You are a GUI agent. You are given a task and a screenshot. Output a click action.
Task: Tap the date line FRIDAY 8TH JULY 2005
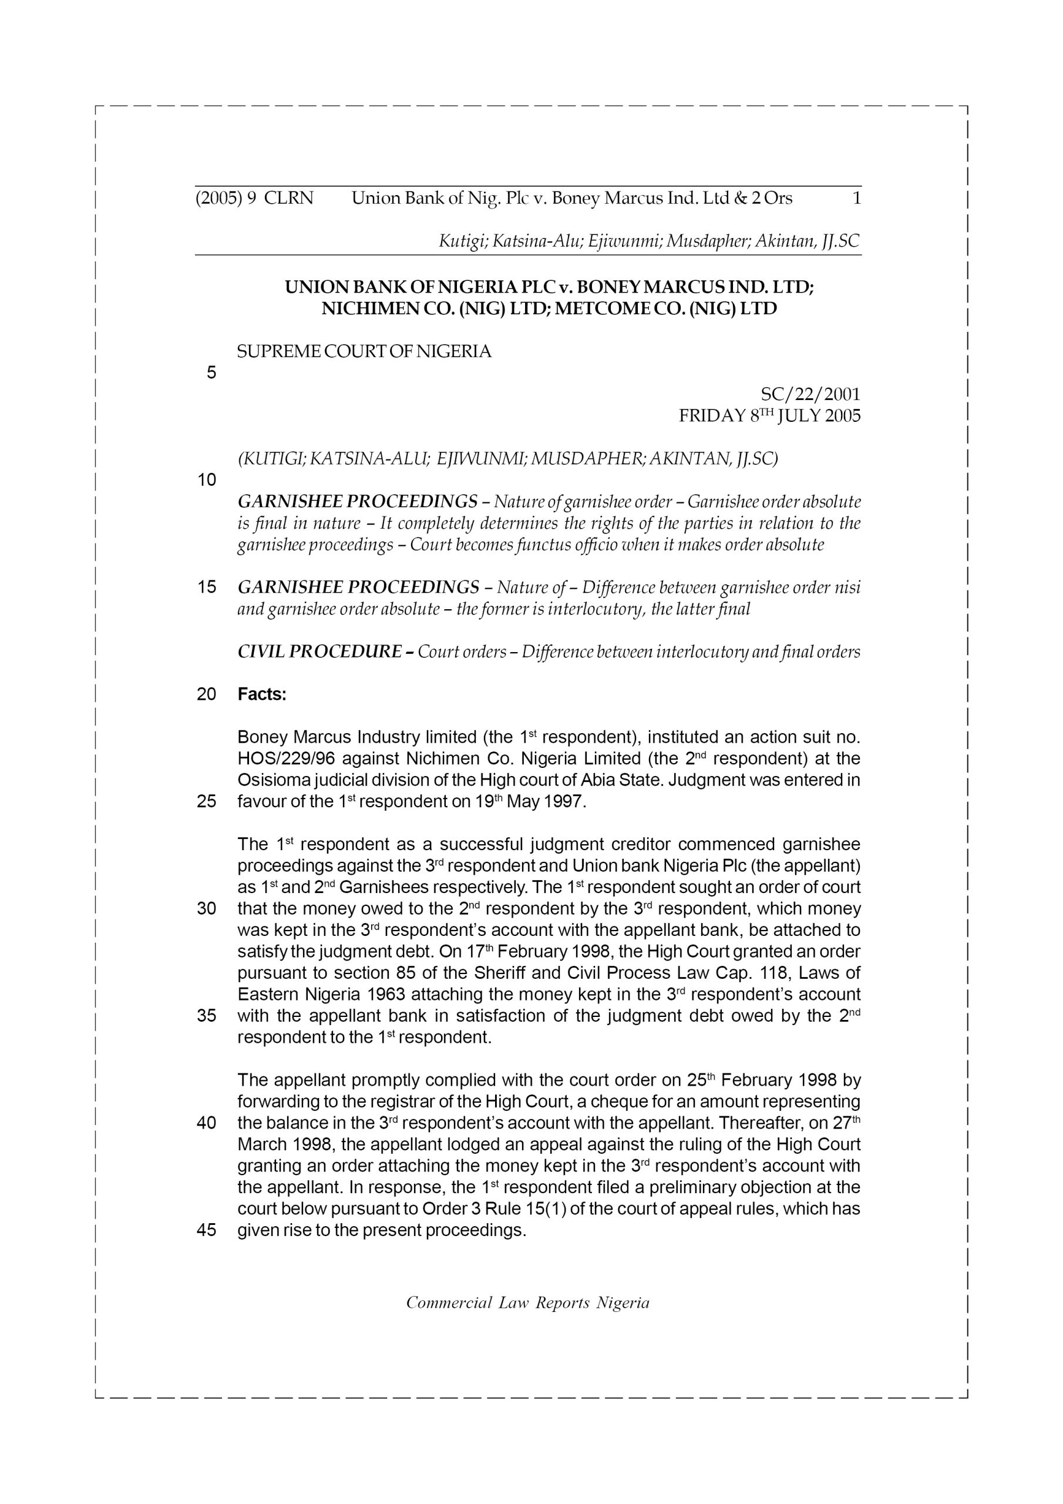(x=769, y=416)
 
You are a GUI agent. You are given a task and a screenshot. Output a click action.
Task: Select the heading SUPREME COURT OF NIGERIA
(x=364, y=352)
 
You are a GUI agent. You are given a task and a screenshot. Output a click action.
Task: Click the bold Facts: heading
(x=262, y=694)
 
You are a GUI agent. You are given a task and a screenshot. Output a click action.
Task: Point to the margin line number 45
(x=206, y=1230)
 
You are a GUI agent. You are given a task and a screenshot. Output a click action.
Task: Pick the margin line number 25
(x=206, y=801)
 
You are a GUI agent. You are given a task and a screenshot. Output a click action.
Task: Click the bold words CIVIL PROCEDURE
(x=320, y=652)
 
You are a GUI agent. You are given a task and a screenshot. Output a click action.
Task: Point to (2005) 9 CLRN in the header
(x=254, y=198)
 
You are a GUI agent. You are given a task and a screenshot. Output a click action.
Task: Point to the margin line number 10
(x=206, y=480)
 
